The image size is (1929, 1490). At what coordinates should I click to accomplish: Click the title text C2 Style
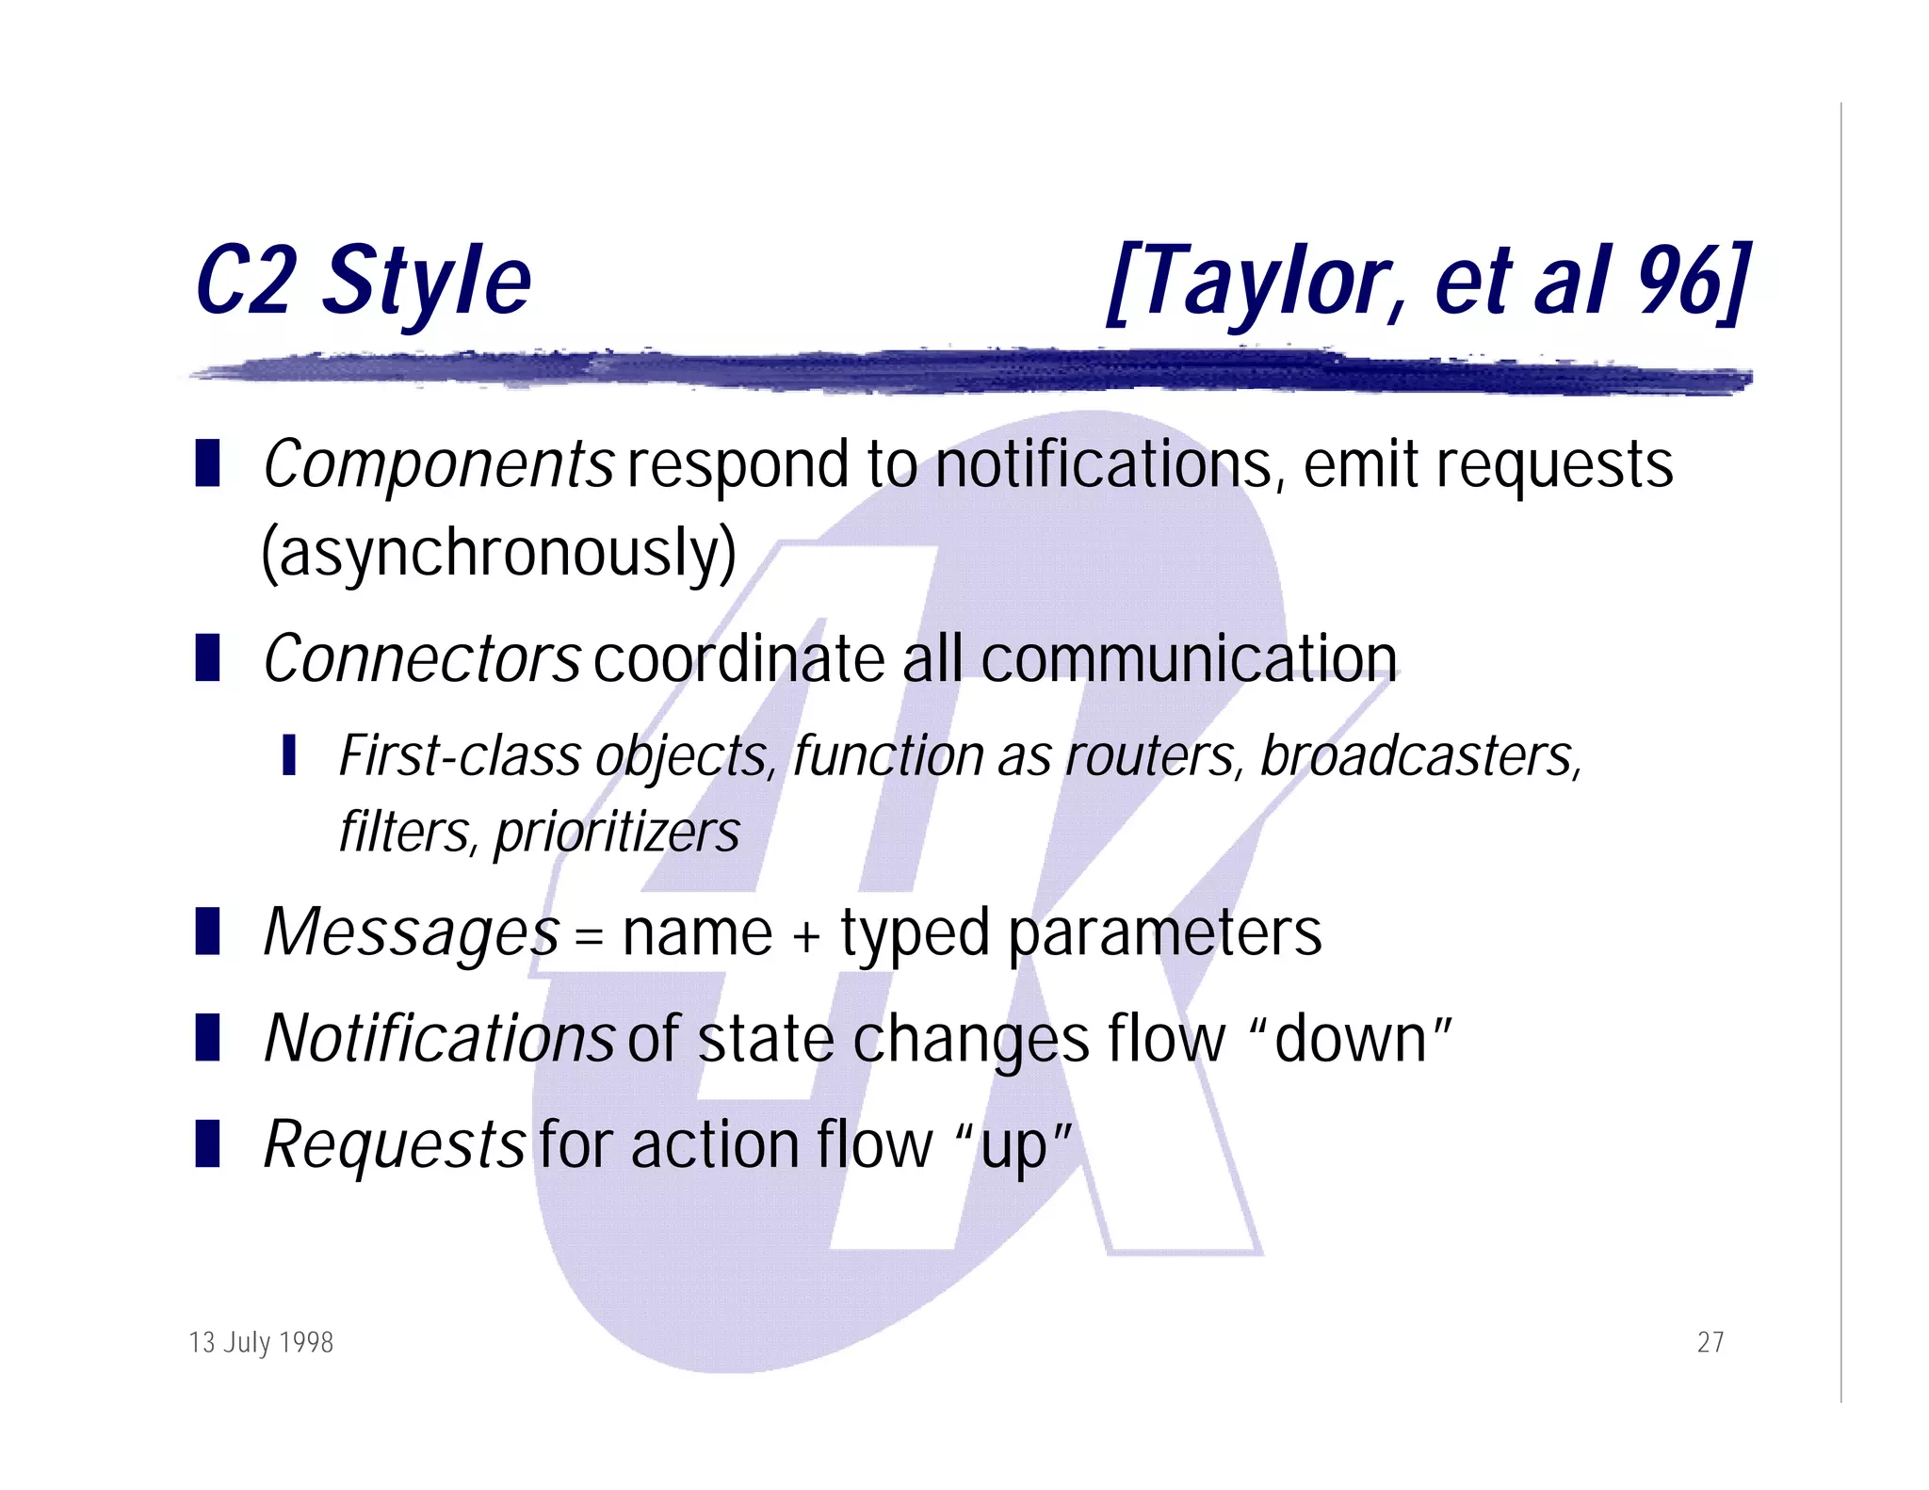[x=363, y=281]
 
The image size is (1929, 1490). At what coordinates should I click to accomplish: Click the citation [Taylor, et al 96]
[x=1429, y=281]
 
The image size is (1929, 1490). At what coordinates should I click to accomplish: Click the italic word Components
[x=438, y=465]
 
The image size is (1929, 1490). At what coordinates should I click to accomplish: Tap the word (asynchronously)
[x=498, y=554]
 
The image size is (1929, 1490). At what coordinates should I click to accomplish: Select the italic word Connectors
[x=422, y=658]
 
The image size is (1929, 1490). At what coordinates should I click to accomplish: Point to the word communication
[x=1189, y=658]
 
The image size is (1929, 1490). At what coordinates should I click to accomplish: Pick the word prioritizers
[x=617, y=833]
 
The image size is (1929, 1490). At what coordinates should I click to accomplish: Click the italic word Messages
[x=412, y=932]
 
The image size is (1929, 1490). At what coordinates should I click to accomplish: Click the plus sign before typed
[x=806, y=938]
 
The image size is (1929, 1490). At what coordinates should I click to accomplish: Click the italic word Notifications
[x=439, y=1039]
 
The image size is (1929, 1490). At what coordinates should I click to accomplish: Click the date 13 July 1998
[x=261, y=1342]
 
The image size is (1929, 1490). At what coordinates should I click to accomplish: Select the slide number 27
[x=1710, y=1342]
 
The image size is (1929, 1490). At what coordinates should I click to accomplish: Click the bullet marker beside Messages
[x=207, y=931]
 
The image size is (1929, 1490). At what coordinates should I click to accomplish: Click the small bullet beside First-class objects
[x=289, y=755]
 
